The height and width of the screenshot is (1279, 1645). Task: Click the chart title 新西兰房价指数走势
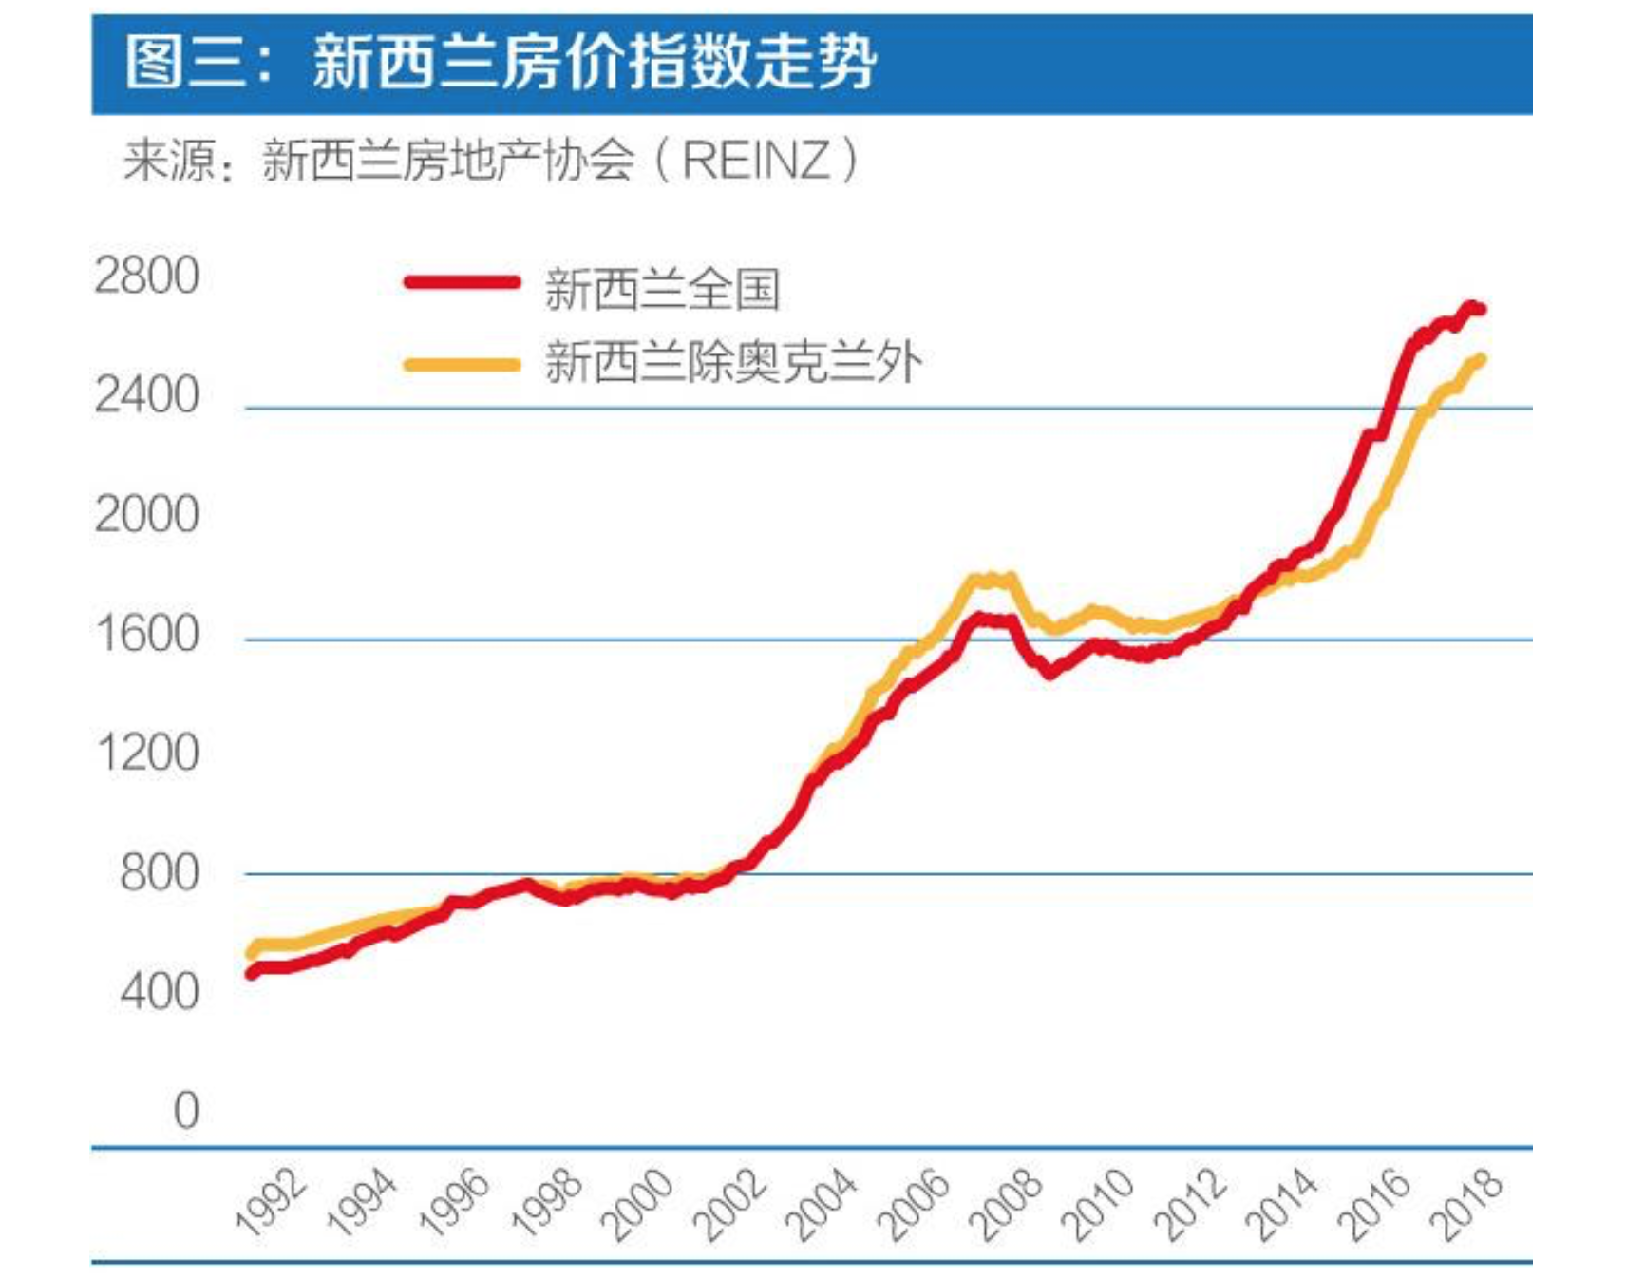coord(594,63)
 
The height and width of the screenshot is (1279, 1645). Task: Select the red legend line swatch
coord(463,282)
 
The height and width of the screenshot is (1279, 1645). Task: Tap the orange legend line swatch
coord(463,364)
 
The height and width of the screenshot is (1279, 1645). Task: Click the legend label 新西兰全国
coord(662,289)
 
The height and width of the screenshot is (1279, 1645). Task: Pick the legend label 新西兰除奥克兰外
coord(733,363)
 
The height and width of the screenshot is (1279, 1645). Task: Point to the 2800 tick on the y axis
coord(147,277)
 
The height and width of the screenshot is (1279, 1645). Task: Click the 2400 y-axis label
coord(147,395)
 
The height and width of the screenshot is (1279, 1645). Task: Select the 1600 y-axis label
coord(147,634)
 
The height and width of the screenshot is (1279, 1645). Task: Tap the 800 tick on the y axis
coord(160,872)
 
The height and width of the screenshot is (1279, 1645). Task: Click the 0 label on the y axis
coord(186,1110)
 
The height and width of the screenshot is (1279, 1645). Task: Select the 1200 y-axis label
coord(147,754)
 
